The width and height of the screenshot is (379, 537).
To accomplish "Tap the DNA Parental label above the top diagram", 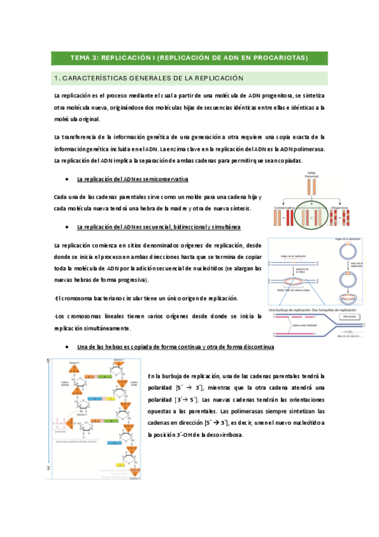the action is (x=311, y=174).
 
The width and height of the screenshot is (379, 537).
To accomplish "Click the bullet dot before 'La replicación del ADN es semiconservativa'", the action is (x=66, y=180).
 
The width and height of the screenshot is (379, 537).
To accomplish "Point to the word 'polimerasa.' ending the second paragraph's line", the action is (x=306, y=149).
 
